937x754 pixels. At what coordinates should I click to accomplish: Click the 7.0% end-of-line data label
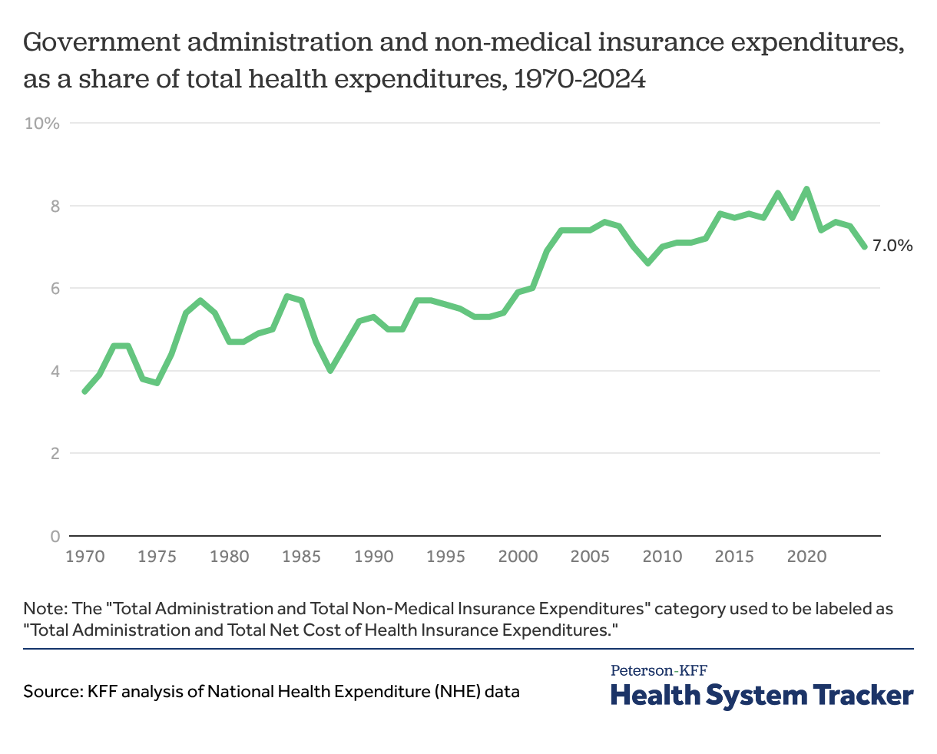click(892, 246)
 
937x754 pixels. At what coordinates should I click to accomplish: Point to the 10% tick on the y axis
click(42, 124)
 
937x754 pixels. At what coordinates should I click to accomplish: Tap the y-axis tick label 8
click(54, 206)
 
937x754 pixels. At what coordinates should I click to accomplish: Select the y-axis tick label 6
click(54, 289)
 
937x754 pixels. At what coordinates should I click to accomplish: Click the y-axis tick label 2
click(54, 454)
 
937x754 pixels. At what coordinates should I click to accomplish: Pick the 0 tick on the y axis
click(54, 536)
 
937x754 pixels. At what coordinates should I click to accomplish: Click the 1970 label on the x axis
click(84, 556)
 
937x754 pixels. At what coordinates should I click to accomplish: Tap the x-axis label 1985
click(301, 556)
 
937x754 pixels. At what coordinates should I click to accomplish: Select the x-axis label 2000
click(518, 556)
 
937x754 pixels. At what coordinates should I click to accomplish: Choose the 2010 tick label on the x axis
click(662, 556)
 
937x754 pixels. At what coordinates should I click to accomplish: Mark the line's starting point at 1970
click(84, 392)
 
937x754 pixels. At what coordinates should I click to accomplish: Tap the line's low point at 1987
click(330, 371)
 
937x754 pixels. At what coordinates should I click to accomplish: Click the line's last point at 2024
click(865, 246)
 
